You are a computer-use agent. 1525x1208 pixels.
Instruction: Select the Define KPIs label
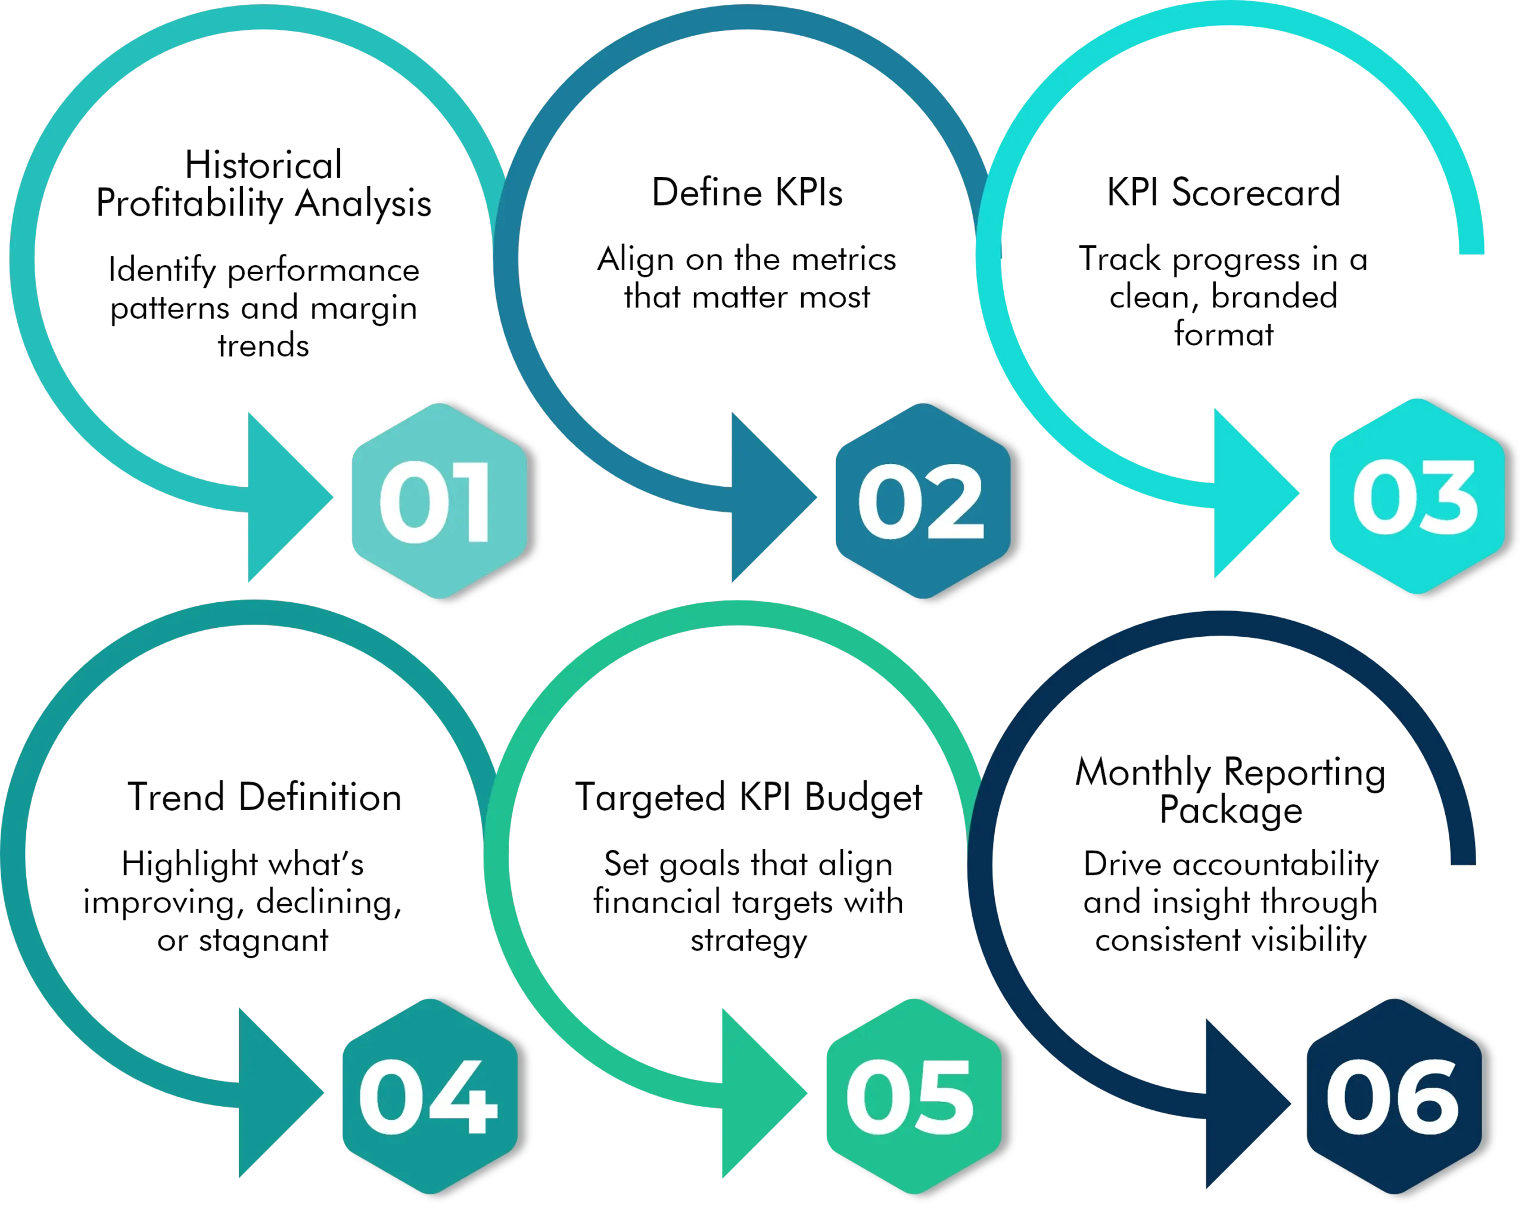(x=747, y=194)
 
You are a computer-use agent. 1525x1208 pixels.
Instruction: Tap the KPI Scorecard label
(x=1224, y=192)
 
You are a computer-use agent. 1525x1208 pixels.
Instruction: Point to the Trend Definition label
(x=265, y=798)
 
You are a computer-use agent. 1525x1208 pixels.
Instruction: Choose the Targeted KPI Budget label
(x=750, y=798)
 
